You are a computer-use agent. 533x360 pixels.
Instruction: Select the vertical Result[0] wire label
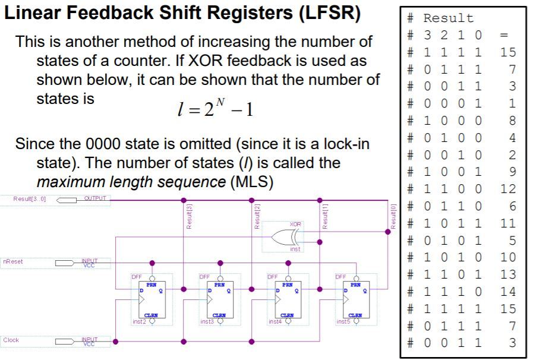(393, 216)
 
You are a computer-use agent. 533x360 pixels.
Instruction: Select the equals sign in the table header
(504, 35)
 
